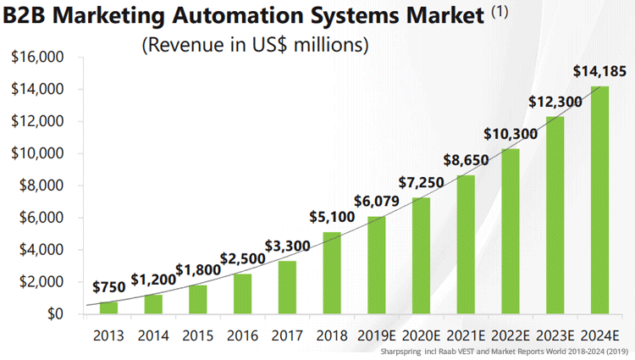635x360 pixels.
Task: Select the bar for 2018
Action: pos(332,273)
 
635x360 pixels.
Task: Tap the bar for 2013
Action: pos(109,307)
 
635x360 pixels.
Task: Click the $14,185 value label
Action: pos(600,71)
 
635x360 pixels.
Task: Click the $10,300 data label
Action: pos(511,134)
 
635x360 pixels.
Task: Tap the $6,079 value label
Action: pos(377,201)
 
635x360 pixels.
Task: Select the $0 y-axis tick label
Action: pos(56,314)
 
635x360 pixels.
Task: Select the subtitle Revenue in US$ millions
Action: pos(255,45)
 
